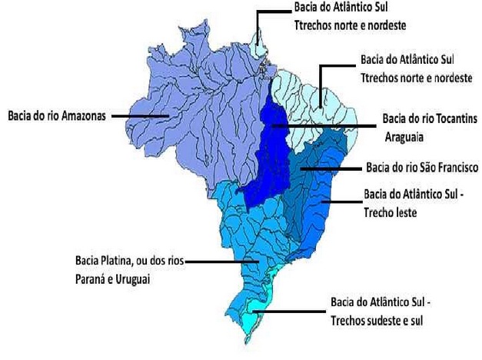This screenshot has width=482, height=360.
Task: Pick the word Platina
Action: point(121,261)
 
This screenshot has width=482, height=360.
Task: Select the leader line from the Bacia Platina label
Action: point(223,262)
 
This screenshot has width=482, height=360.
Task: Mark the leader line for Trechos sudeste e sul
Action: point(292,312)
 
